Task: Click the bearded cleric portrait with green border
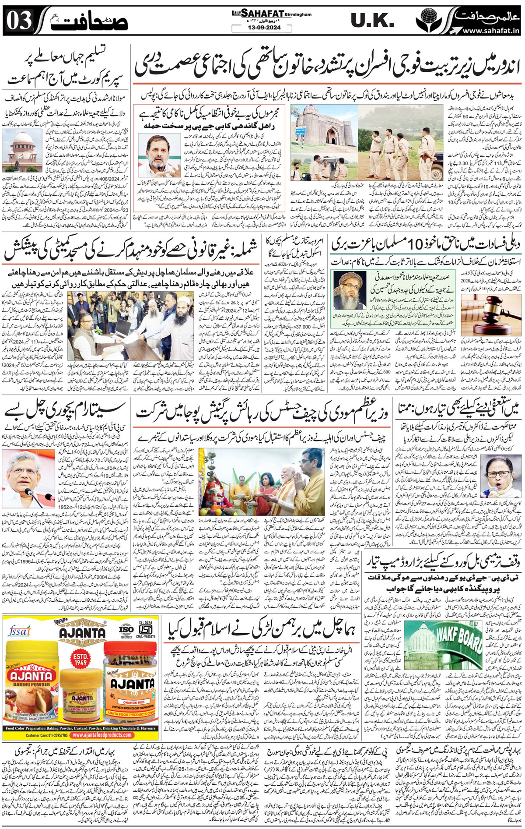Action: pyautogui.click(x=350, y=290)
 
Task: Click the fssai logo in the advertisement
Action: pyautogui.click(x=19, y=631)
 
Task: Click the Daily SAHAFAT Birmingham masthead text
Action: pyautogui.click(x=272, y=14)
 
